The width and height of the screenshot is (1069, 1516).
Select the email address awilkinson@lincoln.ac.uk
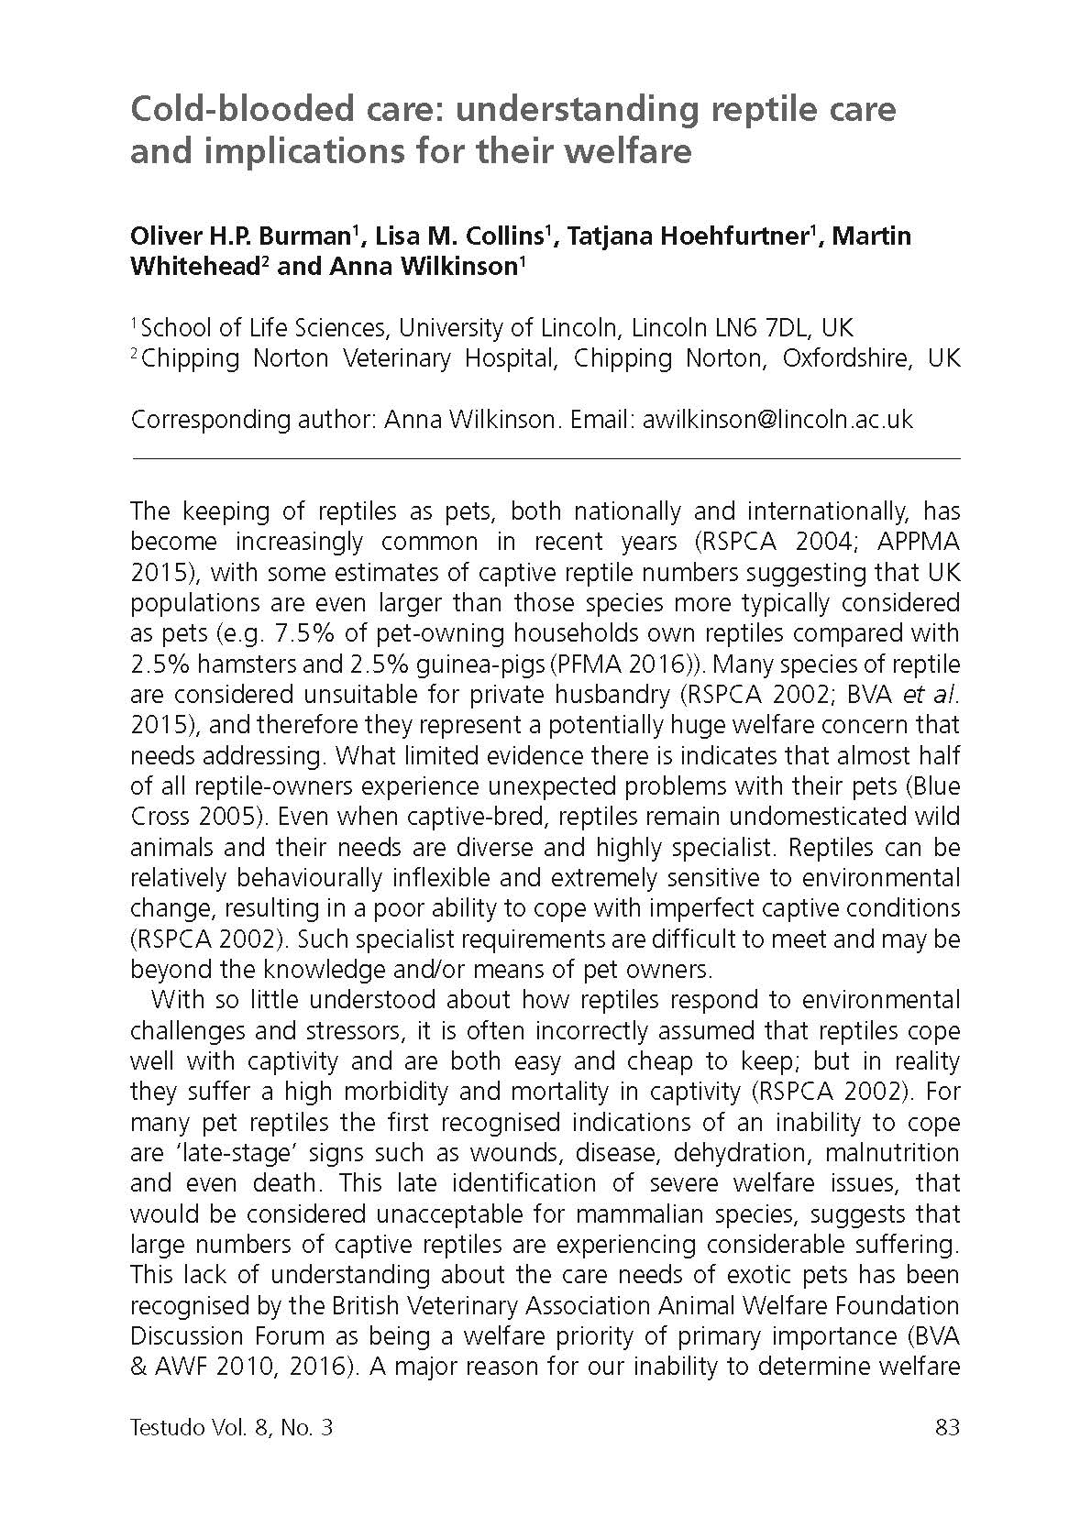pyautogui.click(x=777, y=419)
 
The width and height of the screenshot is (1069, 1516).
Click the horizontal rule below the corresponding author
pyautogui.click(x=546, y=457)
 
